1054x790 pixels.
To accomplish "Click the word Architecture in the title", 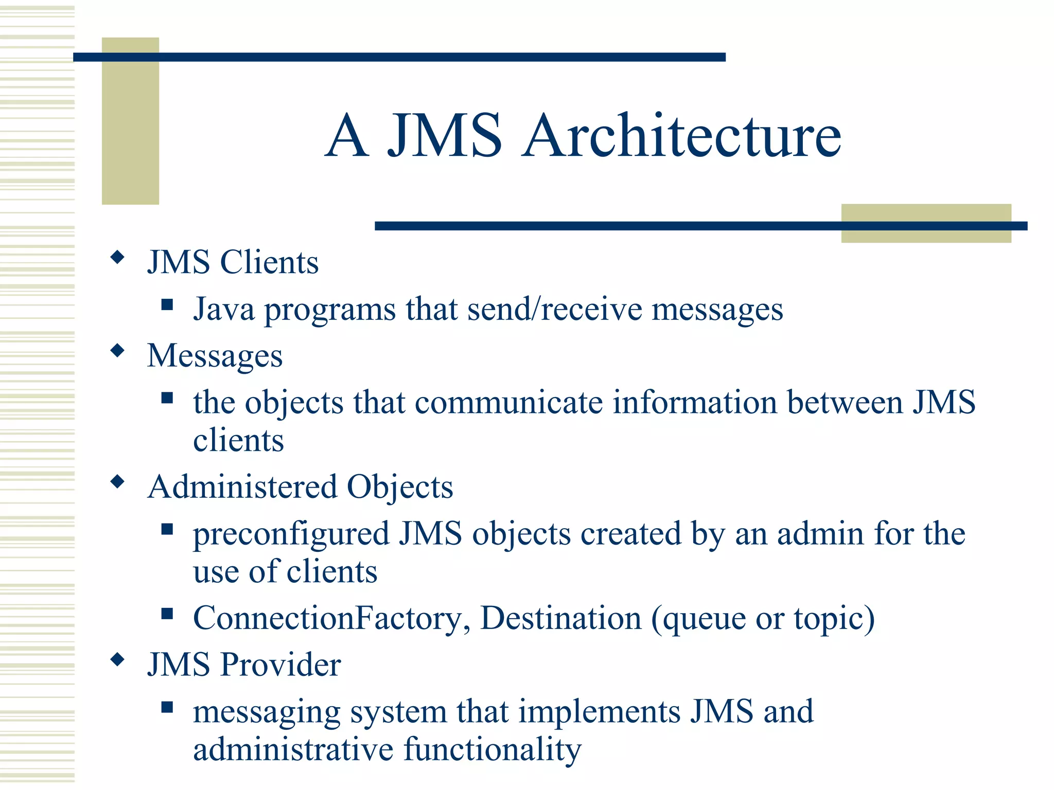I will pos(681,136).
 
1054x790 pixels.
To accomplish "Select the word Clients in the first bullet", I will pos(269,262).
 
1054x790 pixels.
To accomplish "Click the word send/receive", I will pos(555,310).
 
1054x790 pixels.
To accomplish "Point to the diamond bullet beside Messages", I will pos(118,351).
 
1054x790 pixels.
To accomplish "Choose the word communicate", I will pos(508,402).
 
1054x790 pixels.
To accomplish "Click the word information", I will pos(695,402).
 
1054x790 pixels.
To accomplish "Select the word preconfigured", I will pos(291,534).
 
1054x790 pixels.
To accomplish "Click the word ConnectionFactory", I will pos(331,618).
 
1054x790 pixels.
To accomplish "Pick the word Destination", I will pos(560,618).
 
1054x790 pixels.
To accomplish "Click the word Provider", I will pos(280,665).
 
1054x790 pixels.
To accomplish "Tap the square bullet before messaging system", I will pos(167,707).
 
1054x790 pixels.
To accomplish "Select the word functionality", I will pos(493,750).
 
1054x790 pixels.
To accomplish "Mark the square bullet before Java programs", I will pos(167,305).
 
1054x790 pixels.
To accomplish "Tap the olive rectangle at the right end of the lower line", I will pos(926,223).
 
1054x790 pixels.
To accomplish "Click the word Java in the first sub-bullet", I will pos(224,310).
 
